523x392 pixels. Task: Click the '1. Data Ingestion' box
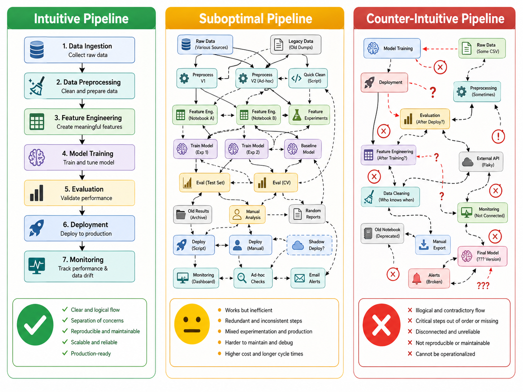(x=79, y=50)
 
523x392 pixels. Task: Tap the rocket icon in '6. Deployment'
(x=36, y=228)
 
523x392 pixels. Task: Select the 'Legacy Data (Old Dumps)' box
(x=296, y=44)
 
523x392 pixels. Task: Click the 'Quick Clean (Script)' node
(x=308, y=78)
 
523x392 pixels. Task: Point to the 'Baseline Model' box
(x=303, y=149)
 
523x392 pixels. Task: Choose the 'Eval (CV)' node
(x=276, y=183)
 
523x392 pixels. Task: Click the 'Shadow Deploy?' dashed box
(x=309, y=245)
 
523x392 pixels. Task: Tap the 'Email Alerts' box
(x=308, y=278)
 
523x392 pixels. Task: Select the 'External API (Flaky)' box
(x=481, y=162)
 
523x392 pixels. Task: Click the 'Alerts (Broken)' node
(x=429, y=278)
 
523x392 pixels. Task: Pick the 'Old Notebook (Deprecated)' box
(x=382, y=233)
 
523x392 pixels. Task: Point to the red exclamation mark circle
(x=498, y=136)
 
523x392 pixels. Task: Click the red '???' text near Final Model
(x=483, y=285)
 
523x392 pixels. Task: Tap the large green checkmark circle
(x=35, y=325)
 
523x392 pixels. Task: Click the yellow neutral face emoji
(x=192, y=324)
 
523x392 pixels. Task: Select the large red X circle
(x=381, y=325)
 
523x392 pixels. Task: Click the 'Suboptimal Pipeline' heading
(x=255, y=18)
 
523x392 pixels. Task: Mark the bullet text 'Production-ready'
(x=91, y=353)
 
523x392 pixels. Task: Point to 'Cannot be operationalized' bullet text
(x=445, y=354)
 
